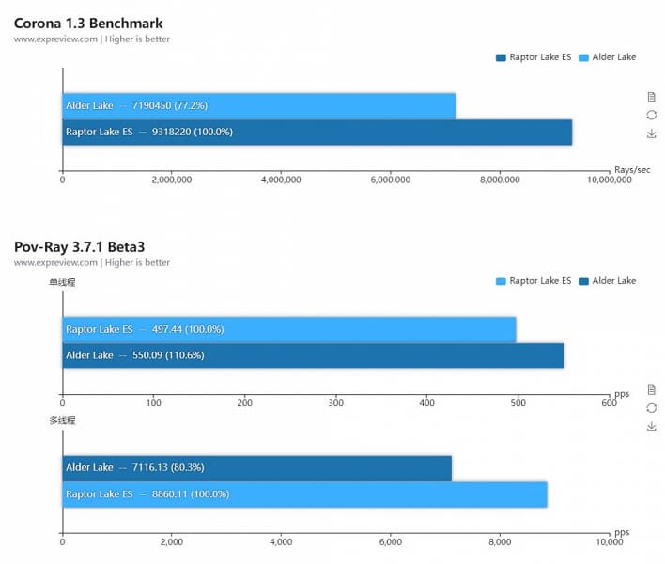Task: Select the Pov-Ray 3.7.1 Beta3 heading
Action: coord(79,246)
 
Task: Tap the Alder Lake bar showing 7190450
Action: coord(259,105)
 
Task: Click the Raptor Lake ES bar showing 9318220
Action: coord(317,132)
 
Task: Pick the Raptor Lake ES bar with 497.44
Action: coord(288,329)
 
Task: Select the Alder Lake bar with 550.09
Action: coord(313,355)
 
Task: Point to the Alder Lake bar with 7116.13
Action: coord(256,467)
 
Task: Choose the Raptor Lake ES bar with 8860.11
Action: coord(304,493)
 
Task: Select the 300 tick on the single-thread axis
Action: coord(336,403)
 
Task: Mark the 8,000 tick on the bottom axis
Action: coord(500,542)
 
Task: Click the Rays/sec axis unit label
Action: coord(632,169)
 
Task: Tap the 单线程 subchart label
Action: coord(63,282)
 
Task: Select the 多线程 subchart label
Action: coord(63,420)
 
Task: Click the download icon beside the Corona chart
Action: coord(651,133)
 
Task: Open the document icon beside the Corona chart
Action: coord(651,97)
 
